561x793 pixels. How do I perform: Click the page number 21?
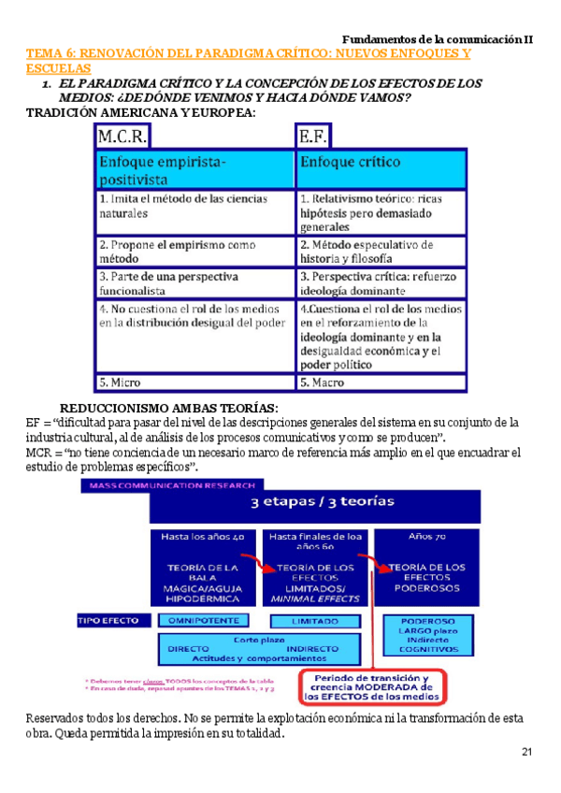click(526, 754)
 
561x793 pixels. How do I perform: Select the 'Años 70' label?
click(426, 537)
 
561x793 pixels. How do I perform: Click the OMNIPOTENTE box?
click(203, 620)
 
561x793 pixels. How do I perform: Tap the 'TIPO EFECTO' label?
click(108, 620)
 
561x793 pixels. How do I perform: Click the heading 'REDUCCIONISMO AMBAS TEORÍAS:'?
click(169, 408)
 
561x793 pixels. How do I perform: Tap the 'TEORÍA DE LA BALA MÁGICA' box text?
click(203, 582)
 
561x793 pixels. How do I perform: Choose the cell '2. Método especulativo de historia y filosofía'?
click(368, 251)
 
